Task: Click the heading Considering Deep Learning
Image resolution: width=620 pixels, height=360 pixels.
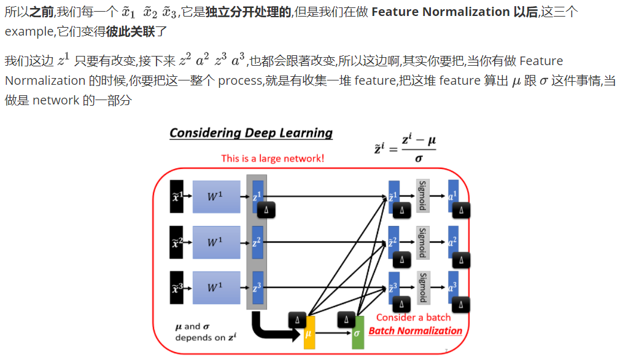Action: point(250,133)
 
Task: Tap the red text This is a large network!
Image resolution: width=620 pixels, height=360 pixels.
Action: point(273,158)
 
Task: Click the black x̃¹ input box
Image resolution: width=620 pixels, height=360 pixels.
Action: point(177,197)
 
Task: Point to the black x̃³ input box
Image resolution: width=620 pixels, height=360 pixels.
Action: point(177,288)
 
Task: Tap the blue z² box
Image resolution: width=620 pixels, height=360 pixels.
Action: point(257,242)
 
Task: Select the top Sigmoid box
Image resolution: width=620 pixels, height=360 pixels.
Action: point(422,195)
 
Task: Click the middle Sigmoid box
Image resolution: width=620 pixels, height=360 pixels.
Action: point(422,242)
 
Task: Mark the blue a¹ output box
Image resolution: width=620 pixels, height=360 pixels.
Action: point(453,195)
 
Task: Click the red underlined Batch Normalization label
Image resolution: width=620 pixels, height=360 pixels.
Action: point(415,331)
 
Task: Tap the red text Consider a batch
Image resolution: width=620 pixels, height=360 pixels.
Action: point(413,318)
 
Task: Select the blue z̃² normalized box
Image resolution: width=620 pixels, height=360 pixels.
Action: point(394,242)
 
